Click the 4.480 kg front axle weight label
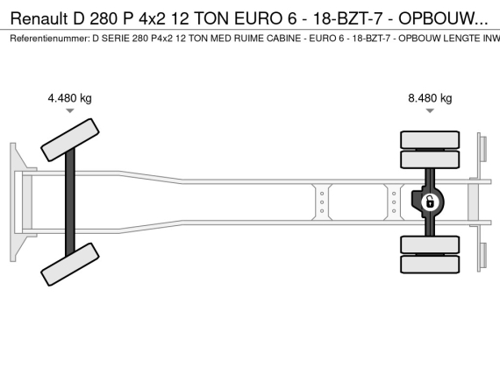[69, 98]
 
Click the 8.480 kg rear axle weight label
[430, 98]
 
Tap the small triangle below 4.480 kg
[70, 110]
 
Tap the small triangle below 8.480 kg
[430, 110]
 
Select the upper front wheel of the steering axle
[70, 140]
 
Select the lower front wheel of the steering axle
[70, 265]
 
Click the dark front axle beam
[70, 202]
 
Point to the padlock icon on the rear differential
[430, 202]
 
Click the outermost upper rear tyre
[430, 139]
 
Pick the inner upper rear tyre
[430, 159]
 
